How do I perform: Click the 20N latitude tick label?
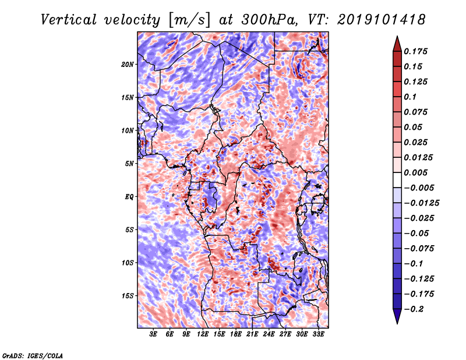coord(128,65)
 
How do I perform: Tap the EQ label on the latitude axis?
coord(129,197)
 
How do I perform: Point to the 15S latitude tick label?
coord(128,296)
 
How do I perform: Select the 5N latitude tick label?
coord(129,164)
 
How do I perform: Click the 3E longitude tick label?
coord(153,334)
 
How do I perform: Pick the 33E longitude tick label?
coord(318,334)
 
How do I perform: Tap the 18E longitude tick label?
coord(236,334)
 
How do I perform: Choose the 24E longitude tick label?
coord(269,334)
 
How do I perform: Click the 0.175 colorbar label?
coord(415,51)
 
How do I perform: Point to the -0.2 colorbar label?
coord(414,309)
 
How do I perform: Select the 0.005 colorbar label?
coord(415,172)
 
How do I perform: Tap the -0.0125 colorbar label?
coord(421,203)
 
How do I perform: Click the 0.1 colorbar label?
coord(410,97)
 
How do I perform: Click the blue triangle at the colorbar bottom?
coord(397,315)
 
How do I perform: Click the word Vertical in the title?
coord(68,20)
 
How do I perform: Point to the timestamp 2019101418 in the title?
coord(382,20)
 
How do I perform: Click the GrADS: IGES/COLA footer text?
coord(33,355)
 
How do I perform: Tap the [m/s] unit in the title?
coord(189,20)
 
